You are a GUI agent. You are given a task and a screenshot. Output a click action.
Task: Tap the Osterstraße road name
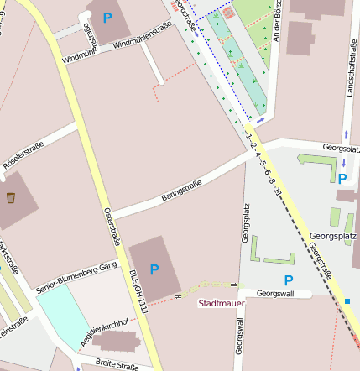pos(112,223)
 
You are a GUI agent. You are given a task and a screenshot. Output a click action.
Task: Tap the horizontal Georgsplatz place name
pos(333,236)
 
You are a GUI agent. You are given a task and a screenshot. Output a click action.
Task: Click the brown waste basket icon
pos(11,199)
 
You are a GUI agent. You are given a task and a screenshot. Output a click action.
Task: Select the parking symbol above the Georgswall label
pos(289,280)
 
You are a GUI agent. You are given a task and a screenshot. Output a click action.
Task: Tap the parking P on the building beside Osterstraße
pos(154,269)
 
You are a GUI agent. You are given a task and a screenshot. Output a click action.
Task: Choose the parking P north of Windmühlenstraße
pos(107,17)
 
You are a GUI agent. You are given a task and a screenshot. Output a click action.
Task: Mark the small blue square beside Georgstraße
pos(347,300)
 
